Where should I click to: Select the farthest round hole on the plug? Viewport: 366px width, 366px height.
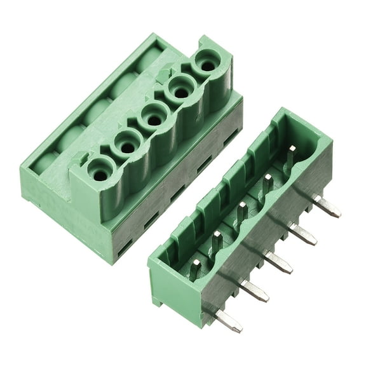tap(206, 64)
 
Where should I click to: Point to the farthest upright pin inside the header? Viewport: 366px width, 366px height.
tap(290, 156)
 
